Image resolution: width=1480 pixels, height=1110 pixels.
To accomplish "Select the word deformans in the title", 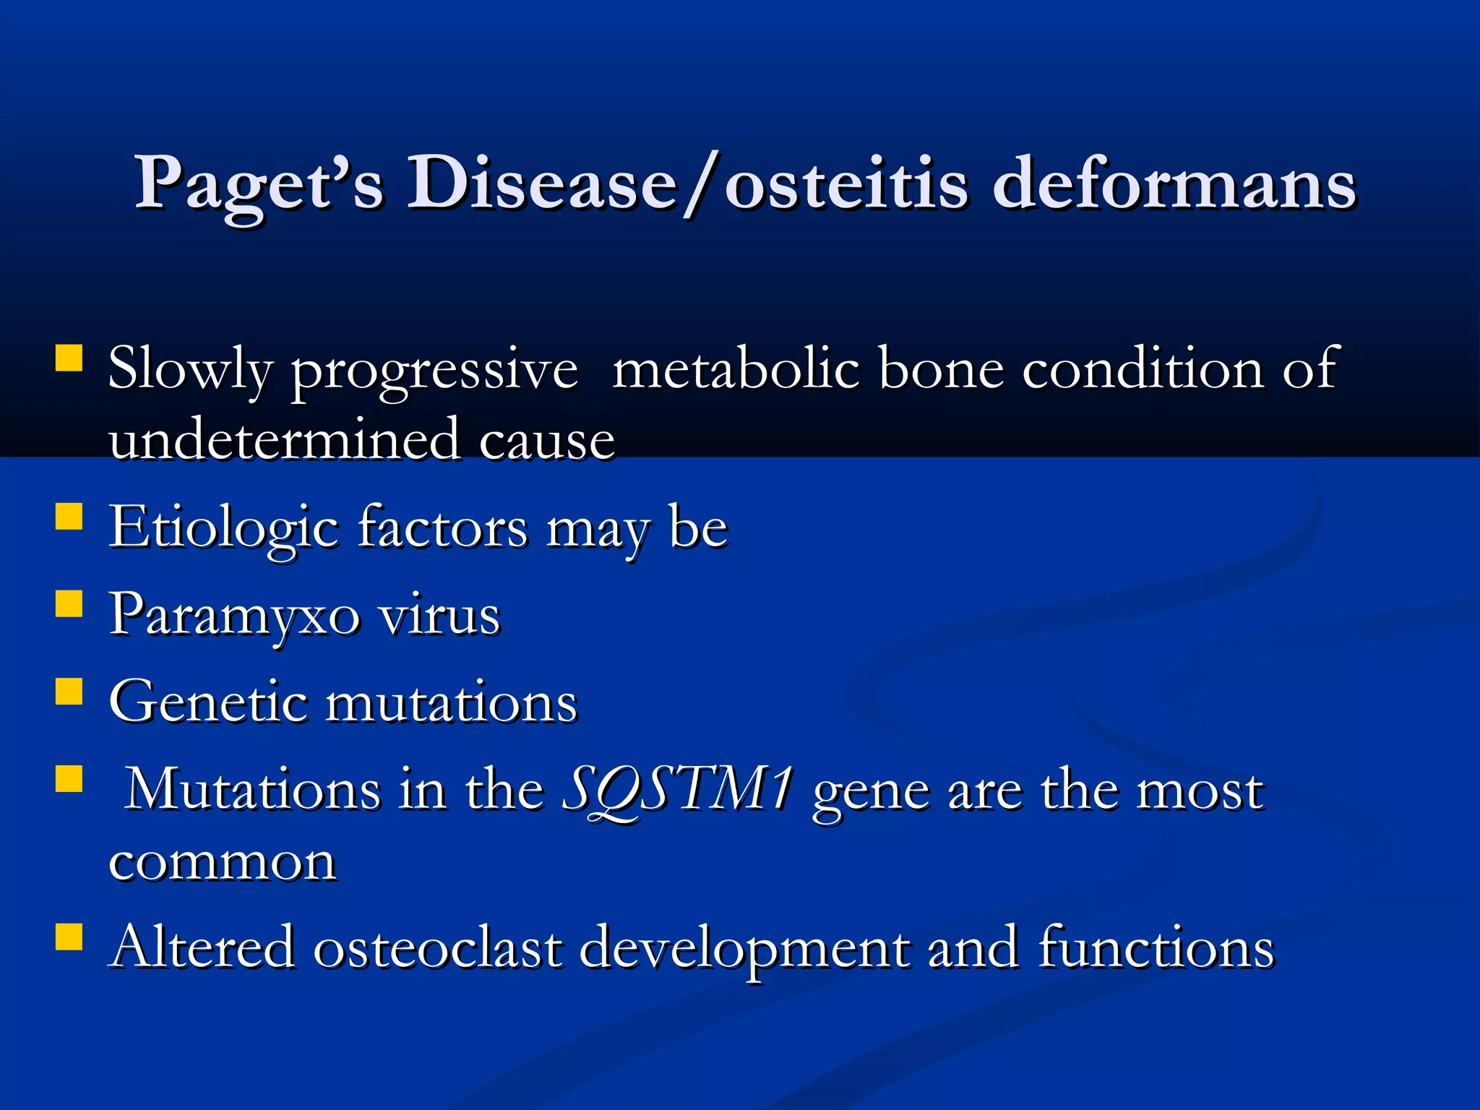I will [x=1174, y=184].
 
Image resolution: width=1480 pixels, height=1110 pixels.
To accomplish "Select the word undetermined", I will [x=284, y=439].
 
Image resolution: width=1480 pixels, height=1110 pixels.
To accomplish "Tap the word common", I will [x=223, y=861].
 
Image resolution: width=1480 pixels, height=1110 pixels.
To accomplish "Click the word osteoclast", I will [x=437, y=947].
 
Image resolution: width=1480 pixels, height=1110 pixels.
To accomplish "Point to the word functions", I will [x=1156, y=947].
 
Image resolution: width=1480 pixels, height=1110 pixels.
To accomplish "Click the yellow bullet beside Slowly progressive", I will [x=69, y=358].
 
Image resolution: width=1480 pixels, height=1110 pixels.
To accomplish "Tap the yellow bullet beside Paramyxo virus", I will [x=69, y=603].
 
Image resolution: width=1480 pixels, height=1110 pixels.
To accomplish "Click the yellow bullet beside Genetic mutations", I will [x=69, y=690].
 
